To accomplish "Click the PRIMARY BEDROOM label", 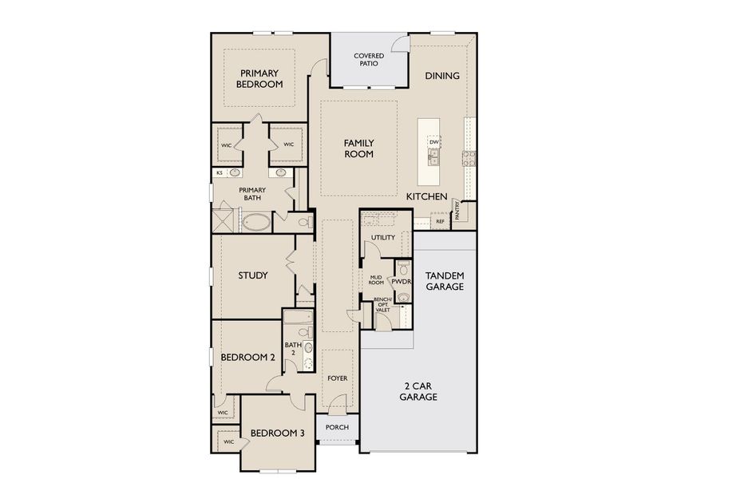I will pyautogui.click(x=259, y=78).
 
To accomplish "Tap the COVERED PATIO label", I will pyautogui.click(x=369, y=60).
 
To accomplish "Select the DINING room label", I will pyautogui.click(x=441, y=76).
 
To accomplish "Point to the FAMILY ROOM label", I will pyautogui.click(x=358, y=148).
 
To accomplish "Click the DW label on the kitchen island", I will pyautogui.click(x=434, y=142).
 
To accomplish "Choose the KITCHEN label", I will pyautogui.click(x=426, y=196).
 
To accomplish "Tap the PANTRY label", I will pyautogui.click(x=457, y=210).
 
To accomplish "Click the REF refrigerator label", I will pyautogui.click(x=440, y=221).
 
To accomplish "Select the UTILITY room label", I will pyautogui.click(x=383, y=238).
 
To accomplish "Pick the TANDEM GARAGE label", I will pyautogui.click(x=444, y=281).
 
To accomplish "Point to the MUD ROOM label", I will pyautogui.click(x=375, y=279).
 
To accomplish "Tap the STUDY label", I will pyautogui.click(x=252, y=275).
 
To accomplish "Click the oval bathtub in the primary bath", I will pyautogui.click(x=255, y=221).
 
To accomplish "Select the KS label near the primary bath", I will pyautogui.click(x=220, y=173).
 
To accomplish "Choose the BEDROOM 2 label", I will pyautogui.click(x=247, y=358).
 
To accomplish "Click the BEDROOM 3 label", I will pyautogui.click(x=277, y=433).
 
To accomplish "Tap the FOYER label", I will pyautogui.click(x=337, y=378).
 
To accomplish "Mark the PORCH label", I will pyautogui.click(x=337, y=427).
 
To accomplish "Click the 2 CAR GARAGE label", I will pyautogui.click(x=418, y=390).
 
